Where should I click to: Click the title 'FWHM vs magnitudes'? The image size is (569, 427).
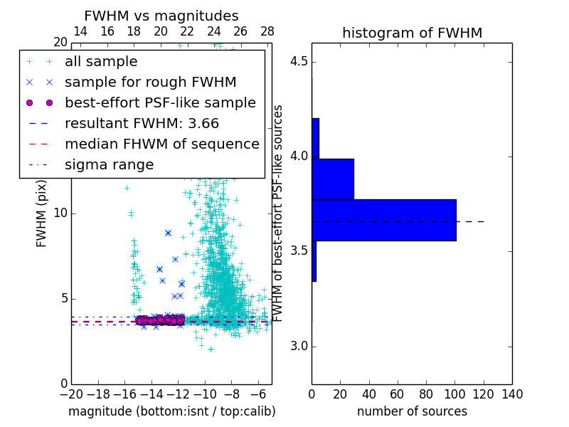click(x=161, y=16)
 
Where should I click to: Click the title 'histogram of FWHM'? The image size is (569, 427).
click(x=412, y=33)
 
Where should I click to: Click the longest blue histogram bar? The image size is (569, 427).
click(x=383, y=220)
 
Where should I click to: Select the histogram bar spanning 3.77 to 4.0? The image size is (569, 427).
click(x=332, y=179)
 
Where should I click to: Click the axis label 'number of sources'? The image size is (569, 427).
click(x=412, y=411)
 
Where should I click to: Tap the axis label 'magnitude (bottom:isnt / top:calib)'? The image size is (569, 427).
click(x=171, y=411)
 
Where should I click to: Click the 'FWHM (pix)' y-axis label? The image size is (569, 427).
click(x=42, y=213)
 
